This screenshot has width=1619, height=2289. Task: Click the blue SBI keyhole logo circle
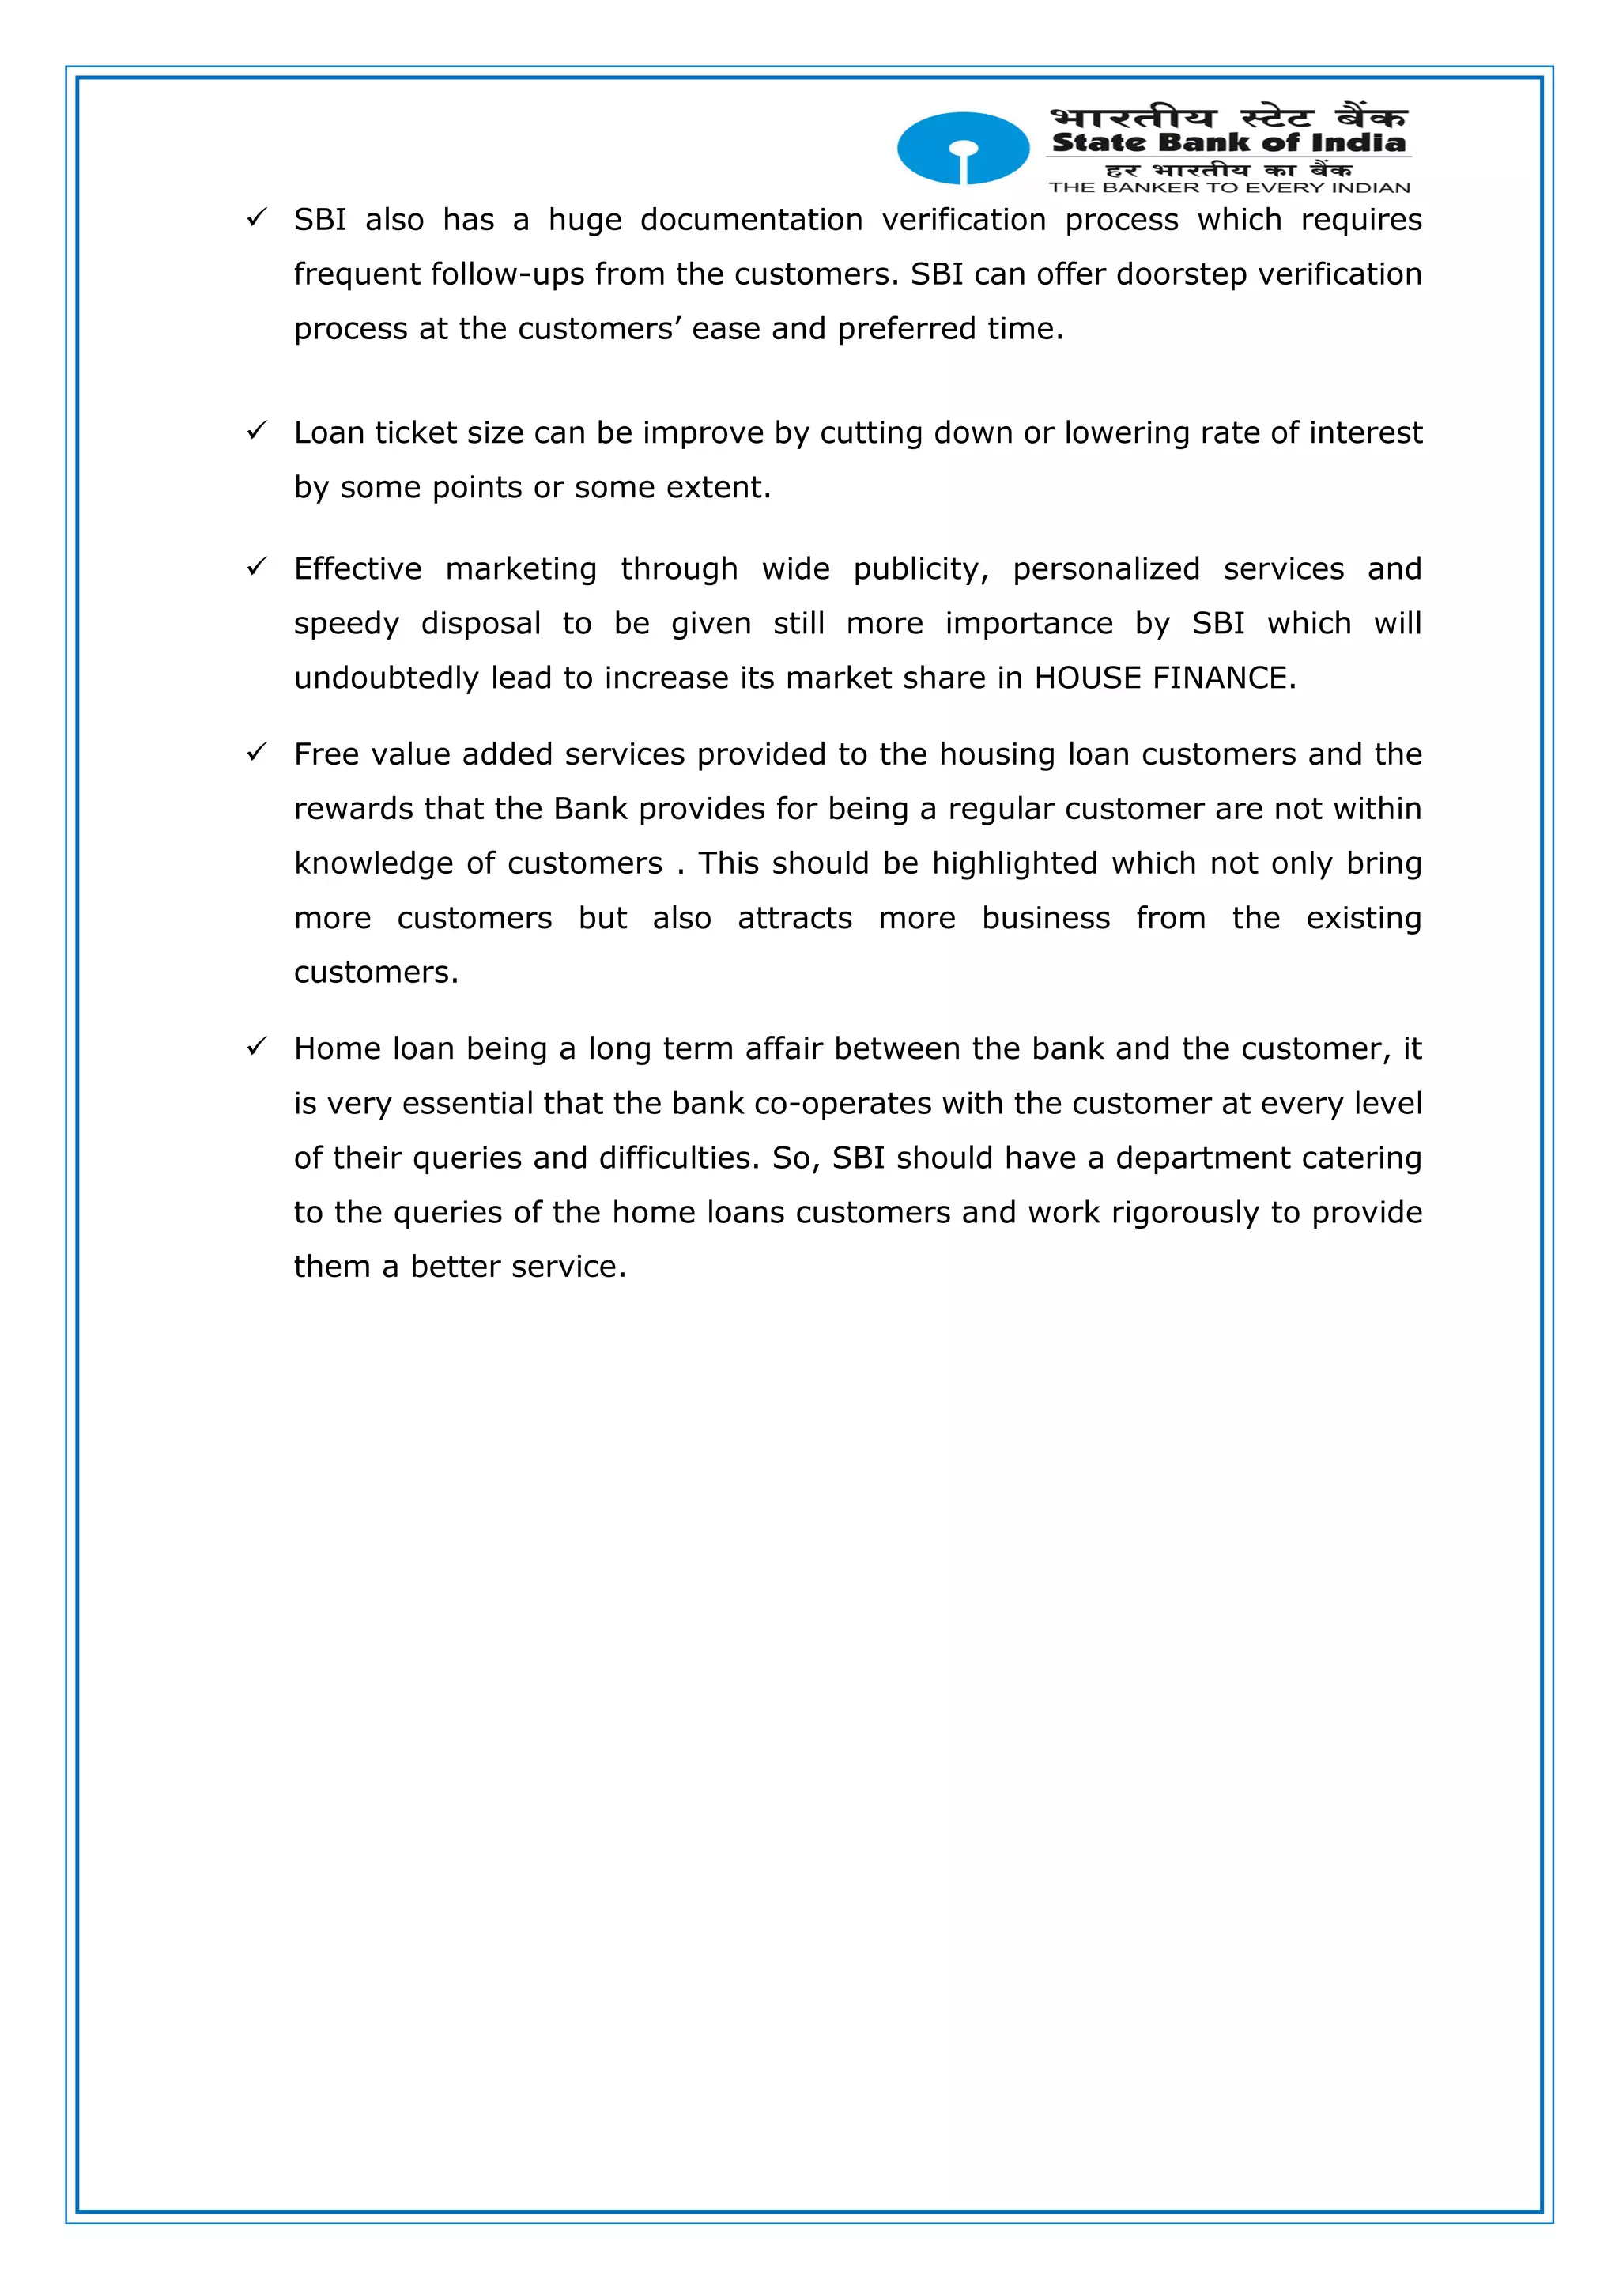pos(963,148)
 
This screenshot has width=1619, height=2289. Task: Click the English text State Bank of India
pos(1228,142)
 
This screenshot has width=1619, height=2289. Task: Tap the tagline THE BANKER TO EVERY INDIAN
pos(1229,187)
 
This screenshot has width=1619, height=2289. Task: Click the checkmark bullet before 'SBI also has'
pos(257,217)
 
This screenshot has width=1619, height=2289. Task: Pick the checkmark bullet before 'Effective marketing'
pos(257,566)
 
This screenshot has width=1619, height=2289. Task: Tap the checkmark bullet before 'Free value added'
pos(257,752)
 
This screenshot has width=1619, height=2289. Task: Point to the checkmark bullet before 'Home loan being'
pos(257,1046)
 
